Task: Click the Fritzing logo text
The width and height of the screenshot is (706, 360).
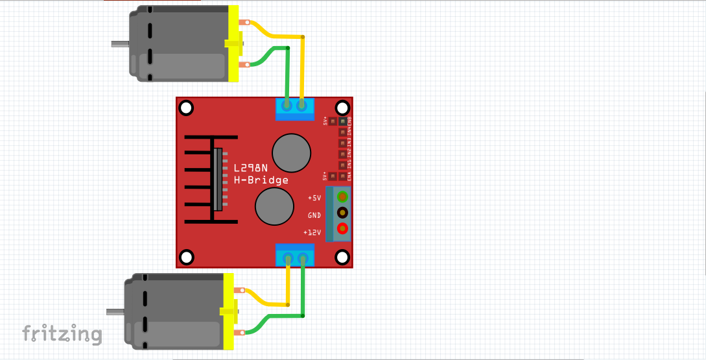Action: tap(62, 334)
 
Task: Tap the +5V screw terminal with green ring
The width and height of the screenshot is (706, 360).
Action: tap(342, 197)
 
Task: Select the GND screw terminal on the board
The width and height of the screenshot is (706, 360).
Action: tap(342, 213)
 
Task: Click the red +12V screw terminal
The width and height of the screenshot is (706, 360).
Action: tap(342, 229)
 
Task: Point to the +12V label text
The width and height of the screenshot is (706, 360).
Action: tap(312, 232)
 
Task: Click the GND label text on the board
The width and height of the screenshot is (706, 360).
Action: tap(314, 215)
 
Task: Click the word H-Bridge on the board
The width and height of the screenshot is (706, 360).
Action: tap(261, 180)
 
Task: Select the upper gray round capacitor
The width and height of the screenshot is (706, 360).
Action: tap(291, 152)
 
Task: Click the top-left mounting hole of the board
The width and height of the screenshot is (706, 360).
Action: tap(186, 108)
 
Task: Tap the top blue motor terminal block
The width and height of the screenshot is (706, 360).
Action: tap(294, 108)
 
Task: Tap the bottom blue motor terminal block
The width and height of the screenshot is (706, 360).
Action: tap(295, 256)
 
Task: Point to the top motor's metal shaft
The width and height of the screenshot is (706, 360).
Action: tap(120, 45)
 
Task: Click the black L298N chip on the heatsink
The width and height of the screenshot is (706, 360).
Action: tap(218, 179)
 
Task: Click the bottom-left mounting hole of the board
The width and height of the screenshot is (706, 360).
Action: tap(186, 258)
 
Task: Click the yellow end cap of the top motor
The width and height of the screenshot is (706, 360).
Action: tap(233, 43)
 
